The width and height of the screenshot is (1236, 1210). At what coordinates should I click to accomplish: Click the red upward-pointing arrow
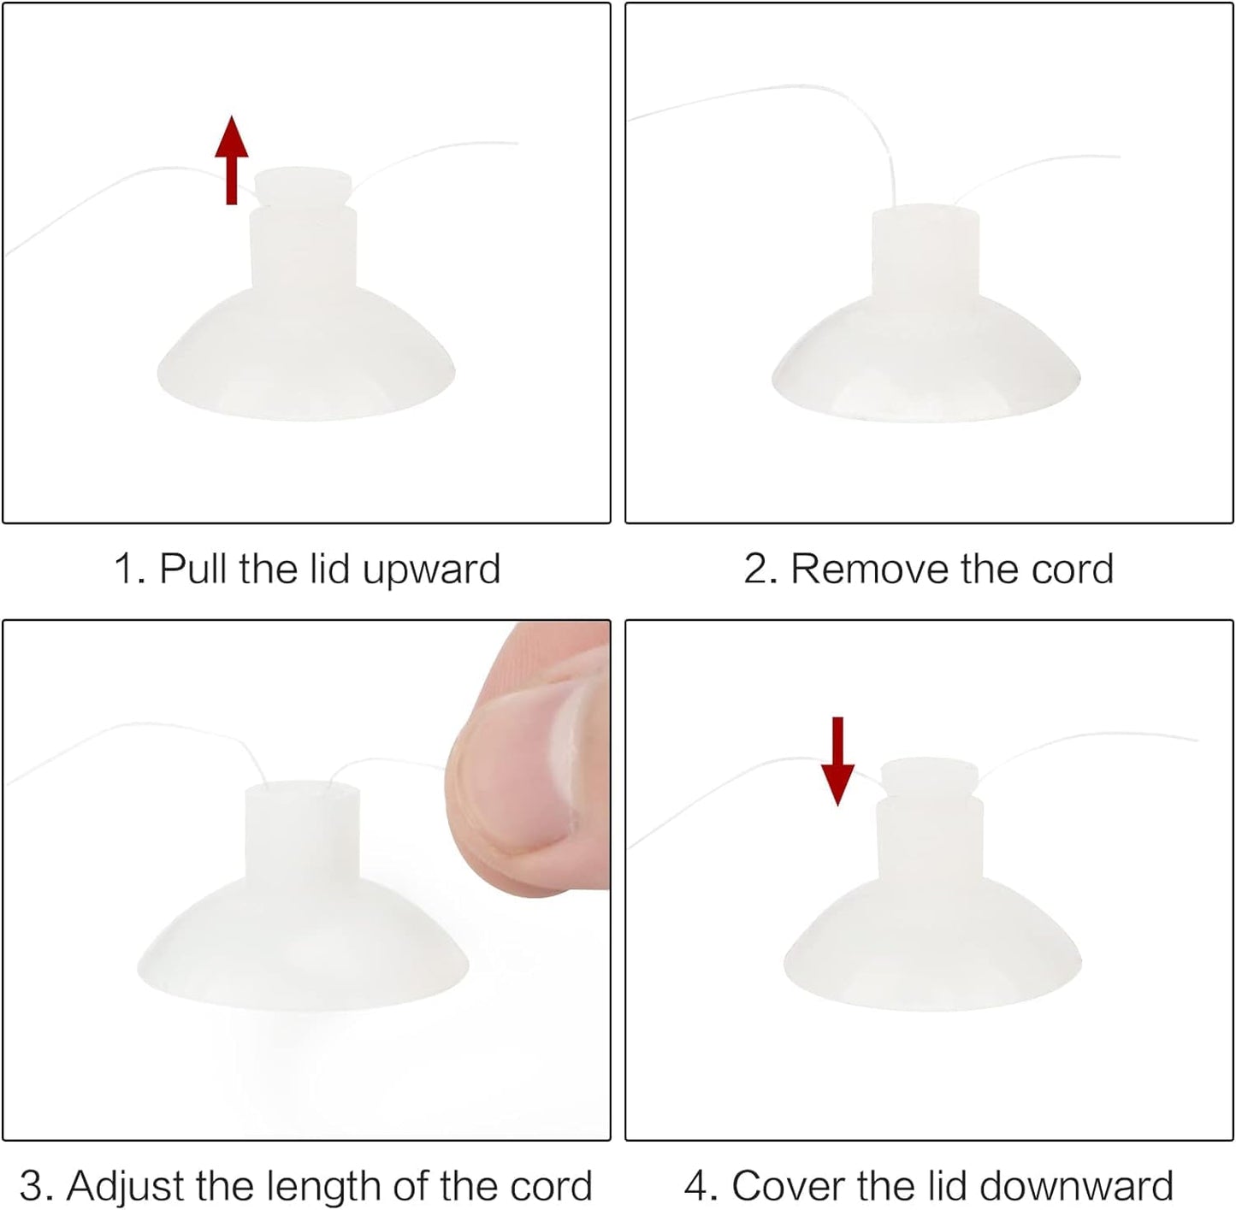[x=232, y=160]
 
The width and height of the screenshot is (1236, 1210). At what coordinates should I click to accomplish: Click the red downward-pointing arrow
[x=837, y=760]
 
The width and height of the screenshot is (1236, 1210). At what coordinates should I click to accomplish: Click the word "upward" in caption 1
[x=431, y=569]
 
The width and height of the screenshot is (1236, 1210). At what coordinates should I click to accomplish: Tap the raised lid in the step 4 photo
[x=930, y=778]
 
